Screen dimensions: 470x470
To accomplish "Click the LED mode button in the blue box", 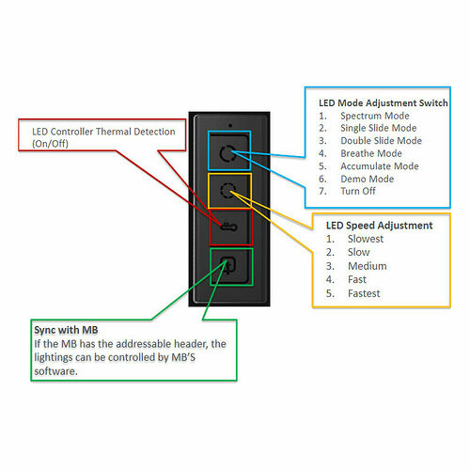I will [x=226, y=154].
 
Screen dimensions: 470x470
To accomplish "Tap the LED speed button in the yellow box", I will [x=226, y=191].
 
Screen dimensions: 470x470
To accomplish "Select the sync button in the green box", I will [x=226, y=264].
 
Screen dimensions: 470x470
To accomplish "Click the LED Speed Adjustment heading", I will [x=379, y=226].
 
